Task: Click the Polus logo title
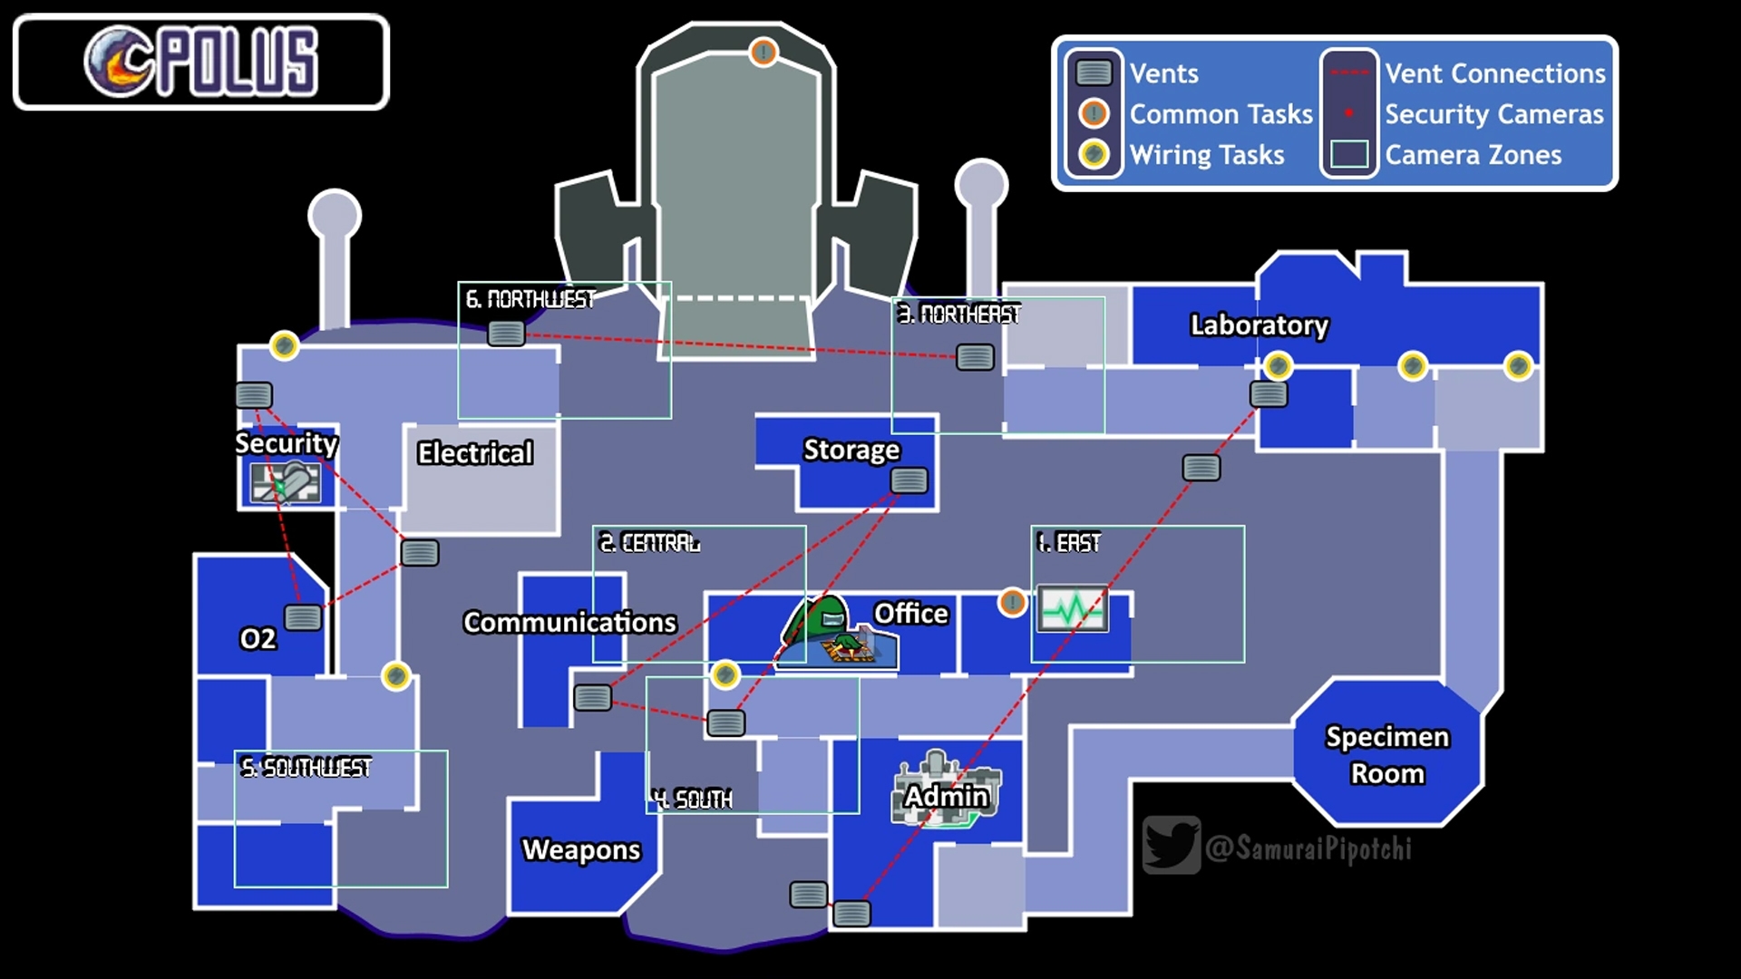point(201,62)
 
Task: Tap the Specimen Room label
point(1387,755)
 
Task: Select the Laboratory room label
point(1259,325)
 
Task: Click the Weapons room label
point(581,849)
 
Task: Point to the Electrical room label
point(475,453)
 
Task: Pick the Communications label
point(569,622)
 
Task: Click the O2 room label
point(258,638)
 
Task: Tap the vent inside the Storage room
point(909,480)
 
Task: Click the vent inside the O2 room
point(303,618)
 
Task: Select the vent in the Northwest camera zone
point(506,334)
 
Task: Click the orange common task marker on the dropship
point(764,52)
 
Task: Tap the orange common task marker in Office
point(1012,602)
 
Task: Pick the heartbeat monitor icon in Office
point(1073,608)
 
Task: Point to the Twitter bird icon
point(1172,845)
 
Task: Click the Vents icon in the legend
point(1094,73)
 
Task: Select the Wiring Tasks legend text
point(1207,155)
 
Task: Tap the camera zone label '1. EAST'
point(1068,543)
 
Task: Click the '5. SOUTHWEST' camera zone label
point(306,768)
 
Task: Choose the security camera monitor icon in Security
point(286,481)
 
